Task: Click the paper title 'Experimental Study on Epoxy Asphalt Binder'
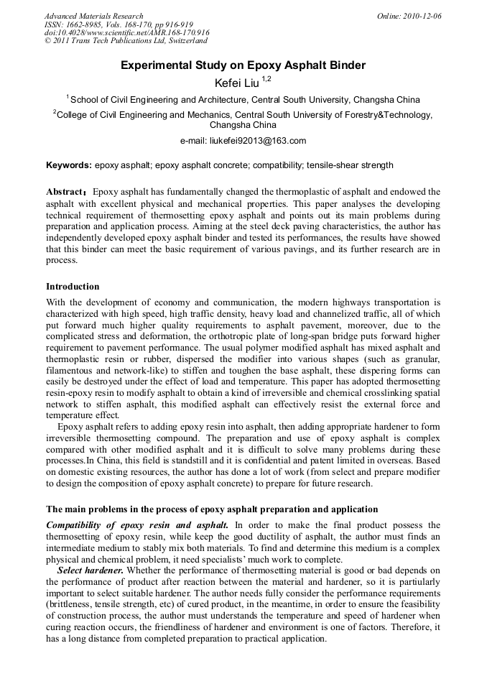point(243,65)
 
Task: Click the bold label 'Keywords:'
point(69,165)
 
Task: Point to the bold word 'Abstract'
point(65,193)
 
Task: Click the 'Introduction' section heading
point(73,287)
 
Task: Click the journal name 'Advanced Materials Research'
point(93,16)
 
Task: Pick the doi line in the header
point(126,33)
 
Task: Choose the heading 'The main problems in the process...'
point(211,509)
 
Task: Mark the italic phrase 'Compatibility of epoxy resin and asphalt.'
point(137,524)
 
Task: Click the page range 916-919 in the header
point(157,24)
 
